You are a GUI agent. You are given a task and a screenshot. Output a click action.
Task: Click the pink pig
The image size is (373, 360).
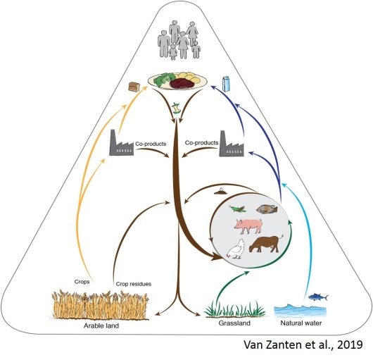coord(248,226)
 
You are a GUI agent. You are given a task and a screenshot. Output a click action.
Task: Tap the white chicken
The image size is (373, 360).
coord(236,249)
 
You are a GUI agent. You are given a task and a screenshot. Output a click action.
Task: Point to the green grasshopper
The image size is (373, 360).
coord(237,209)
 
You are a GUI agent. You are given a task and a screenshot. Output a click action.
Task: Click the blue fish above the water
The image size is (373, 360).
coord(318,297)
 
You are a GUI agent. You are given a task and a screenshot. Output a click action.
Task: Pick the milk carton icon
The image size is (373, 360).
coord(227,84)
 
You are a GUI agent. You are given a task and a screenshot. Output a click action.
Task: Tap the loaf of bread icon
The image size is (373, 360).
coord(134,87)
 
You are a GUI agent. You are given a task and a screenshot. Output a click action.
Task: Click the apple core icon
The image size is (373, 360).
coord(175,108)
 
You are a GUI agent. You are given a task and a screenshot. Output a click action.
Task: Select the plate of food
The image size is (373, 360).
coord(177,80)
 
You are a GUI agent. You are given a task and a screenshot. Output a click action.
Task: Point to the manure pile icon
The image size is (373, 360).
coord(221,192)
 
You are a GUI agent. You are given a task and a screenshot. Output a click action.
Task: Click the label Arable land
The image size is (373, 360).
coord(101,325)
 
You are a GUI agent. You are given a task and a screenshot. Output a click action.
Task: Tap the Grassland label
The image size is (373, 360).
coord(234,323)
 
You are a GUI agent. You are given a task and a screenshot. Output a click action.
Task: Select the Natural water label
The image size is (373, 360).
coord(301,323)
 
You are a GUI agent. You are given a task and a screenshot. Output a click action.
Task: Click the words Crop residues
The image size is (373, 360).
coord(134,284)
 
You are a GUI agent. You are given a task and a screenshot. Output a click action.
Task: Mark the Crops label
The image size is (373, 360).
coord(82,282)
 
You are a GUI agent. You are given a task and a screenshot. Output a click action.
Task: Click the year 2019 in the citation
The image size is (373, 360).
coord(350,345)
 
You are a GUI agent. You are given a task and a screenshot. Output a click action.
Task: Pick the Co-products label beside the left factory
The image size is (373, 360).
coord(151,144)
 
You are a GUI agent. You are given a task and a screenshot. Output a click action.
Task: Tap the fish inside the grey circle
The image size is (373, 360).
coord(267,209)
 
